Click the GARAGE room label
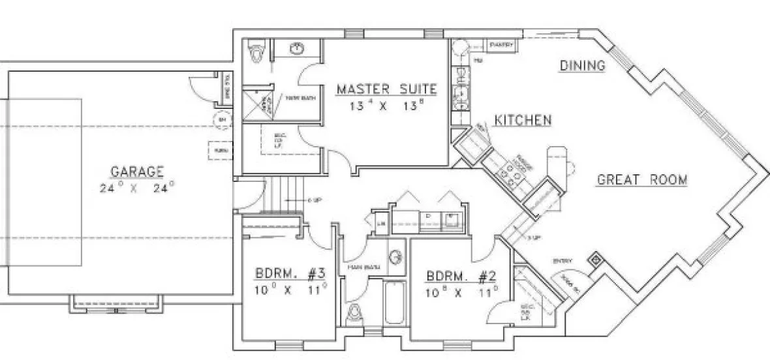tap(136, 172)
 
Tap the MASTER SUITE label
tap(386, 89)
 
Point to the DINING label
tap(583, 65)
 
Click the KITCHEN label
tap(523, 120)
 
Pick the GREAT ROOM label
tap(642, 179)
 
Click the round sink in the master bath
tap(297, 48)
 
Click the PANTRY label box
tap(502, 45)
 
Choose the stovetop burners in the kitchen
tap(506, 172)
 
